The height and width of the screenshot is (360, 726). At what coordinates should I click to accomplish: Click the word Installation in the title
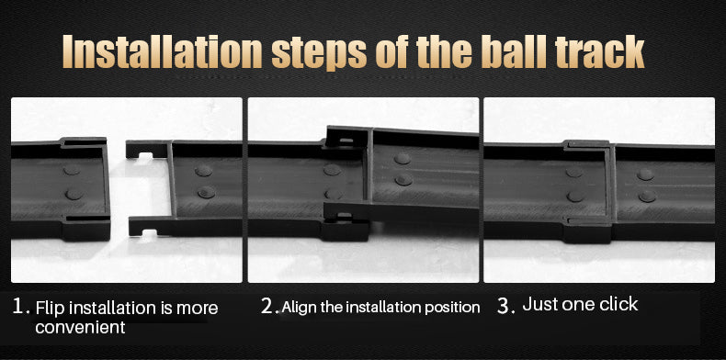point(163,51)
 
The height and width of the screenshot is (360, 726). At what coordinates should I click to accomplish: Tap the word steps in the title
point(320,53)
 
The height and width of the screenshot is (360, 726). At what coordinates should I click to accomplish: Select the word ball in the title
point(512,51)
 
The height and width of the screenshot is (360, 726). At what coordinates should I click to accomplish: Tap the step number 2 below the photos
point(267,306)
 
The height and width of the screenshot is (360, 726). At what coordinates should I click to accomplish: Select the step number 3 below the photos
point(504,306)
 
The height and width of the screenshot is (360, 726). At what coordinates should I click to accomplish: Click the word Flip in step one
point(51,309)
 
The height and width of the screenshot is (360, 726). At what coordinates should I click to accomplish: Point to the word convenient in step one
point(80,327)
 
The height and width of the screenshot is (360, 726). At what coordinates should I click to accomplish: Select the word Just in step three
point(539,305)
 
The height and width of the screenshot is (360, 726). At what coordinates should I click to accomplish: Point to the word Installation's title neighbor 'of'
point(394,51)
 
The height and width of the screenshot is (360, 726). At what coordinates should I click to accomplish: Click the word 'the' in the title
point(447,51)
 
